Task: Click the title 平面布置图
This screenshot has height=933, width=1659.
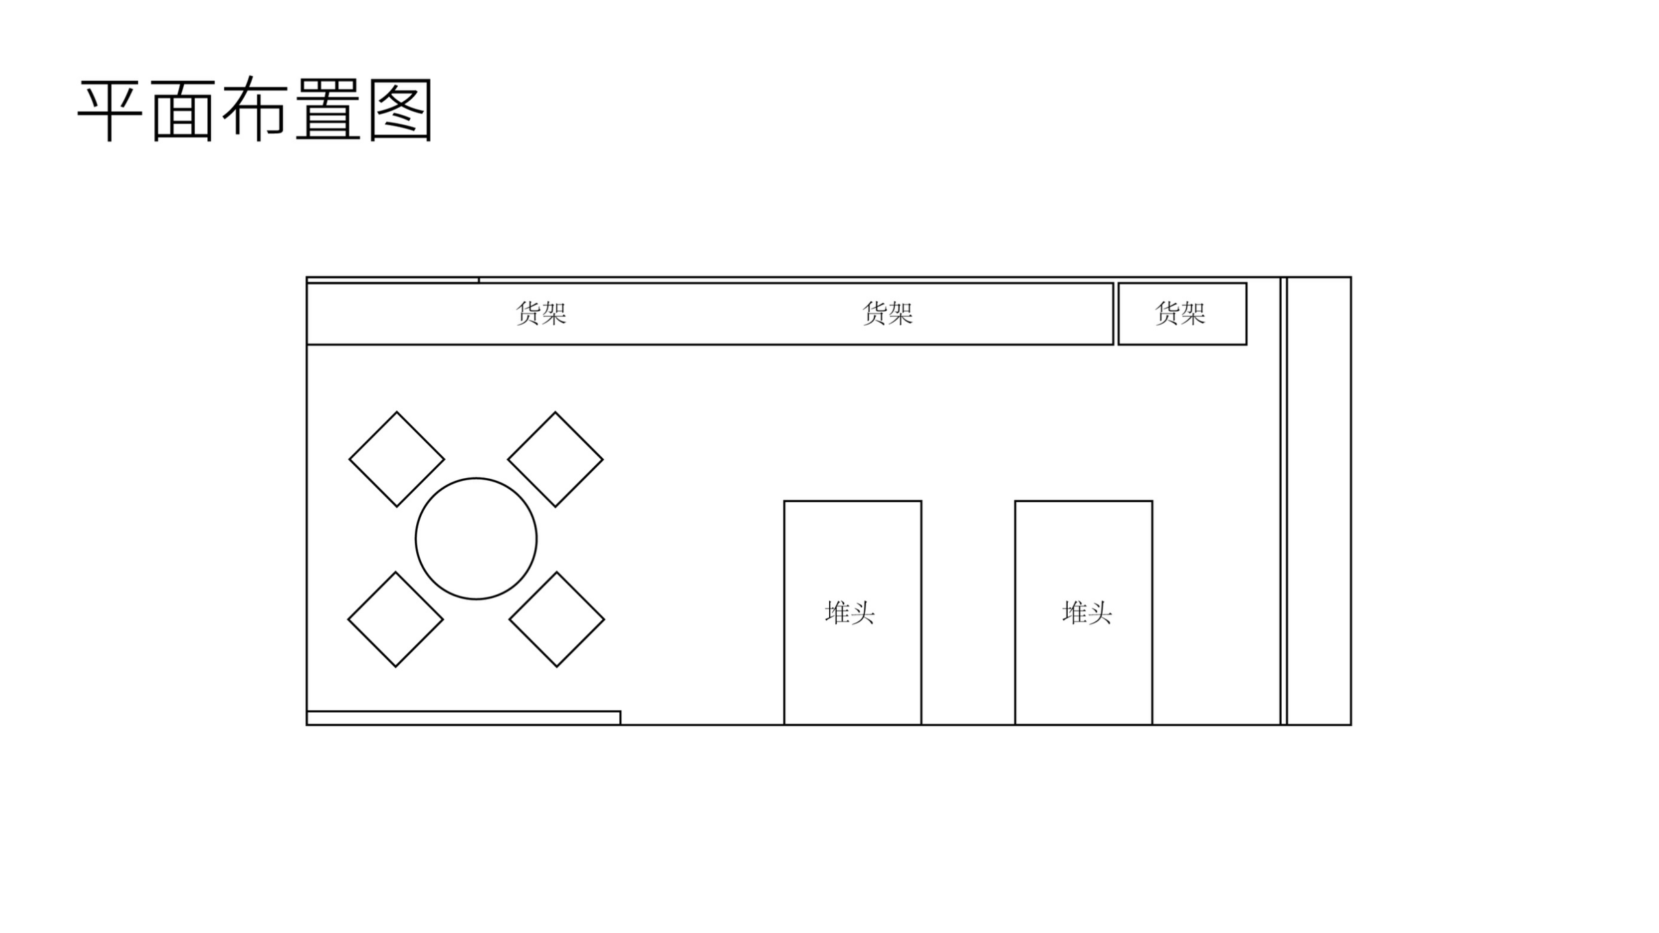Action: coord(254,110)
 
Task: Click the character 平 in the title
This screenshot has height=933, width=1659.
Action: coord(110,110)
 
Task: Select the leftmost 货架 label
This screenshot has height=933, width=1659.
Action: coord(541,314)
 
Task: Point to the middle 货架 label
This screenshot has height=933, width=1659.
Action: coord(887,314)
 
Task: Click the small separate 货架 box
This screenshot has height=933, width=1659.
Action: coord(1182,314)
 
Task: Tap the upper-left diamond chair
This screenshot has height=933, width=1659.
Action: coord(396,459)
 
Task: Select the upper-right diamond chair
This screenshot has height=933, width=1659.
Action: coord(556,459)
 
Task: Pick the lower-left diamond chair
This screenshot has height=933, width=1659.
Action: coord(396,619)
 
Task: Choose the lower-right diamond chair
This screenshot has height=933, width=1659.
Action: coord(557,619)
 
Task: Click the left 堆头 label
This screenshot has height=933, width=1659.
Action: coord(850,613)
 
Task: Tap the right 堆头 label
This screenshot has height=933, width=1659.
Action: coord(1087,613)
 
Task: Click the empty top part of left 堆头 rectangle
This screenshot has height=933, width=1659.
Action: coord(852,542)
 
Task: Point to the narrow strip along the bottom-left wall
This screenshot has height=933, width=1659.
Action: coord(464,718)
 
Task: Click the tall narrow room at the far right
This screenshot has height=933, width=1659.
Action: coord(1319,501)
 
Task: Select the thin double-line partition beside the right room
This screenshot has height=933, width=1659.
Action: coord(1283,501)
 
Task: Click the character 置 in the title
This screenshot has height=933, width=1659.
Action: coord(329,110)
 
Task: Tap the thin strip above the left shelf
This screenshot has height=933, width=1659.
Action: coord(393,281)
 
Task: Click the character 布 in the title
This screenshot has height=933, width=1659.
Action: coord(254,110)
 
